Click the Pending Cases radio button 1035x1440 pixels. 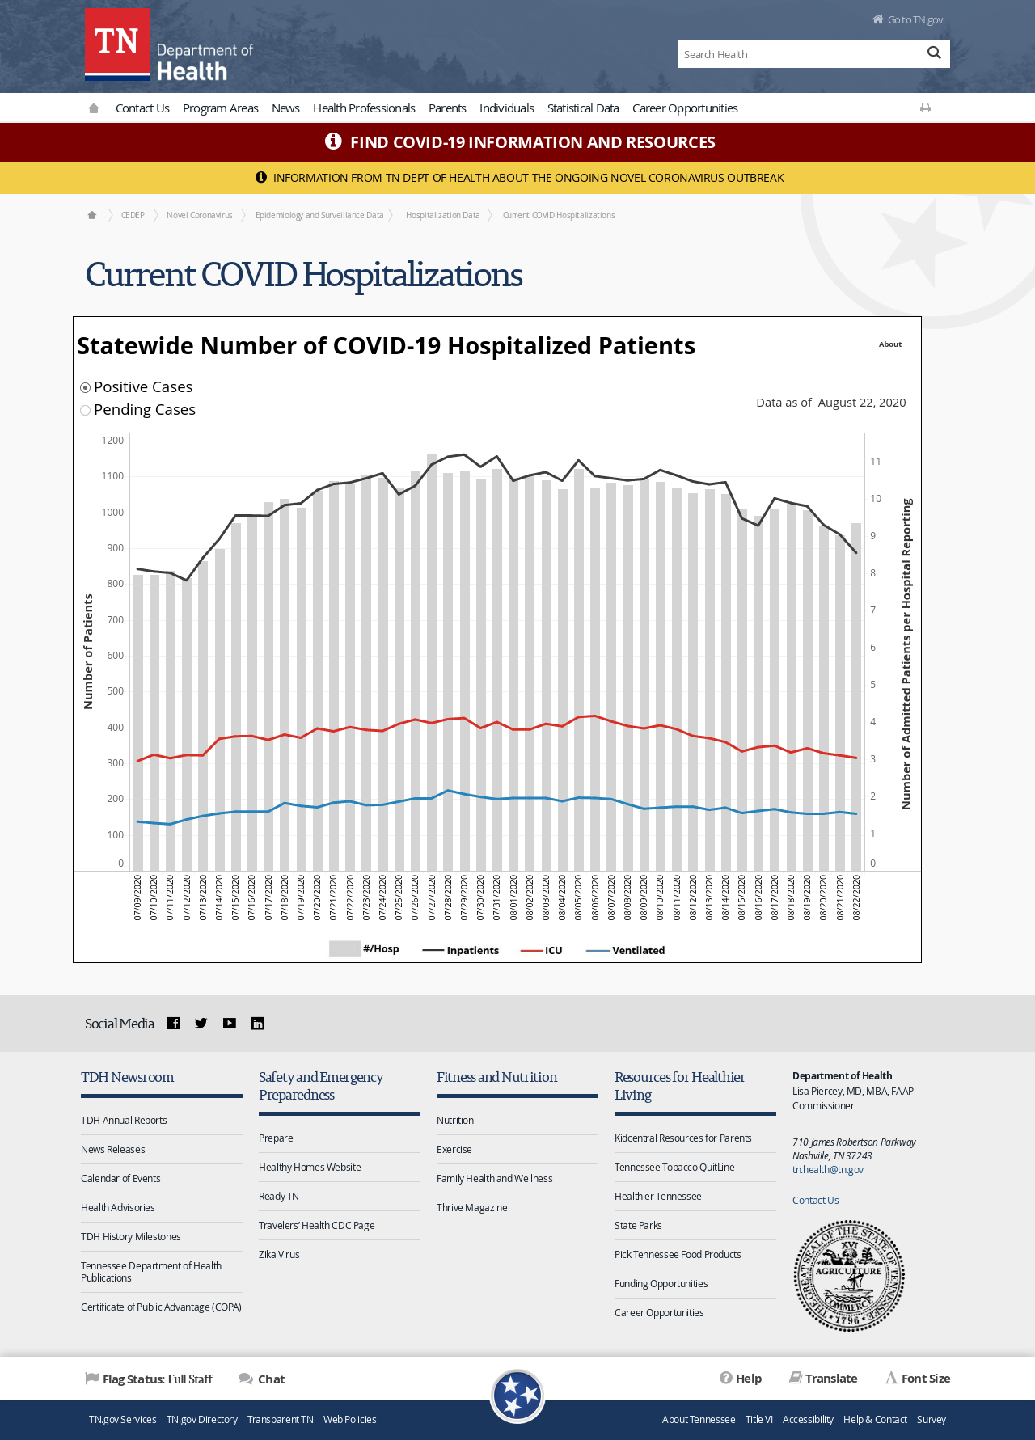pyautogui.click(x=85, y=410)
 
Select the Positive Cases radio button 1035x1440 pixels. pyautogui.click(x=85, y=387)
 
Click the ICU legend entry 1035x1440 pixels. pyautogui.click(x=542, y=950)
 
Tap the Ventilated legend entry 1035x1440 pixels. pyautogui.click(x=626, y=950)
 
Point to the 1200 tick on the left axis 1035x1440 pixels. pyautogui.click(x=112, y=441)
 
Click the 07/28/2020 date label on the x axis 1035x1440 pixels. pyautogui.click(x=448, y=897)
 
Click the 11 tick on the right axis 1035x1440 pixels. pyautogui.click(x=876, y=462)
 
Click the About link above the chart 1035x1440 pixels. pyautogui.click(x=890, y=344)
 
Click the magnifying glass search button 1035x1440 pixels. pyautogui.click(x=934, y=53)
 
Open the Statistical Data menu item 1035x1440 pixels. pyautogui.click(x=583, y=108)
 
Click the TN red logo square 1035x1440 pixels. pyautogui.click(x=117, y=44)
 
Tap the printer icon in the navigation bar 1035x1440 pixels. pyautogui.click(x=925, y=108)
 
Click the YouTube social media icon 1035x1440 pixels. pyautogui.click(x=230, y=1023)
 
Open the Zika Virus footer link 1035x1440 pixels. pyautogui.click(x=279, y=1255)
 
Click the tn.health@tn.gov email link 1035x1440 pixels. pyautogui.click(x=828, y=1169)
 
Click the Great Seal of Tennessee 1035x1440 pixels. pyautogui.click(x=849, y=1276)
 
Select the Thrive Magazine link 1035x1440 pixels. pyautogui.click(x=472, y=1208)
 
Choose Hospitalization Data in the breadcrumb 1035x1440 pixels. pyautogui.click(x=443, y=215)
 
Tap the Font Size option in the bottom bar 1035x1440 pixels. pyautogui.click(x=918, y=1379)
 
